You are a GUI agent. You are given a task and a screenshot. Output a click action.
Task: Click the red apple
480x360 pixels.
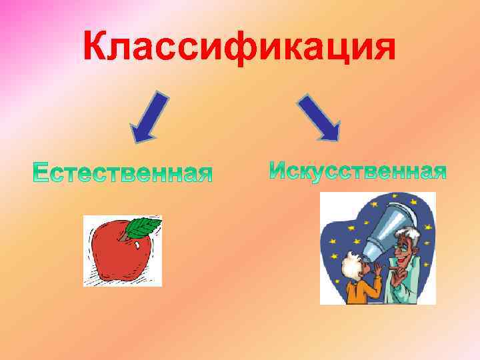click(120, 253)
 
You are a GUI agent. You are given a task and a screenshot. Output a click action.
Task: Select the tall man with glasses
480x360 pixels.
click(407, 260)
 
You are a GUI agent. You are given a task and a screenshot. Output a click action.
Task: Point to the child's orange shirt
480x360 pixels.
click(363, 290)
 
